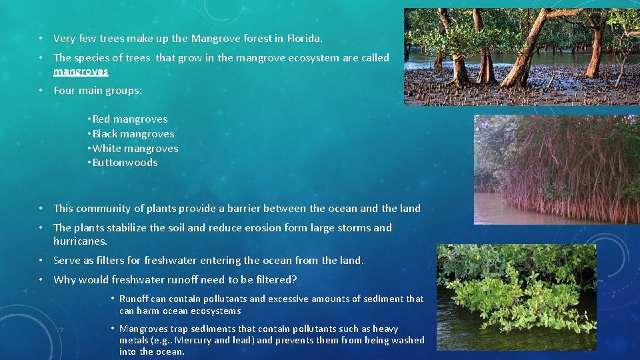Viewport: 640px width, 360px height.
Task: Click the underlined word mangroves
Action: click(x=81, y=71)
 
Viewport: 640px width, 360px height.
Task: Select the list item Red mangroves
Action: click(x=129, y=119)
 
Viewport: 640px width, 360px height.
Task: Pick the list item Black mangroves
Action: click(x=133, y=134)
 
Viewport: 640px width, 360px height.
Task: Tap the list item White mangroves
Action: click(x=135, y=149)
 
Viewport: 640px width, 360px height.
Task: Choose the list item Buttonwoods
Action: click(x=125, y=163)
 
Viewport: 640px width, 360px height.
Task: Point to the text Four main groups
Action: click(x=97, y=91)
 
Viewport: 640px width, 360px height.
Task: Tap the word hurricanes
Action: click(x=80, y=241)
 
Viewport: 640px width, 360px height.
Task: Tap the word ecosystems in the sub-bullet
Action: click(x=216, y=311)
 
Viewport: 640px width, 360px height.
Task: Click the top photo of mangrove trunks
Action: click(x=521, y=57)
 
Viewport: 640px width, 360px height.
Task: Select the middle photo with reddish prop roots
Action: click(x=556, y=169)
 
